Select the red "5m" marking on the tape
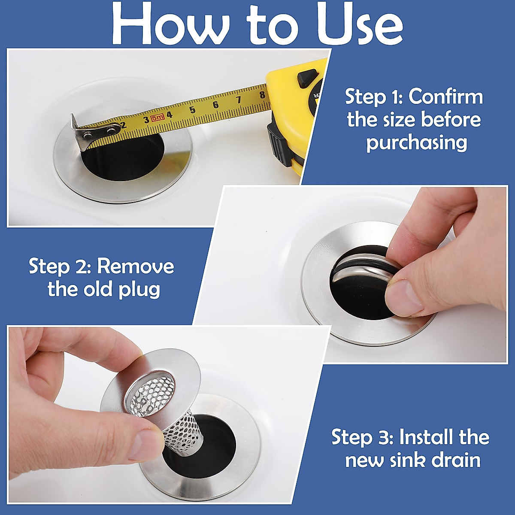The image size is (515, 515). pos(157,117)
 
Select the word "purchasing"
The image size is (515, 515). pos(417,142)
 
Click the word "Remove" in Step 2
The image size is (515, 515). pos(135,266)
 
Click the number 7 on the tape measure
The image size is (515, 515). pos(239,100)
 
